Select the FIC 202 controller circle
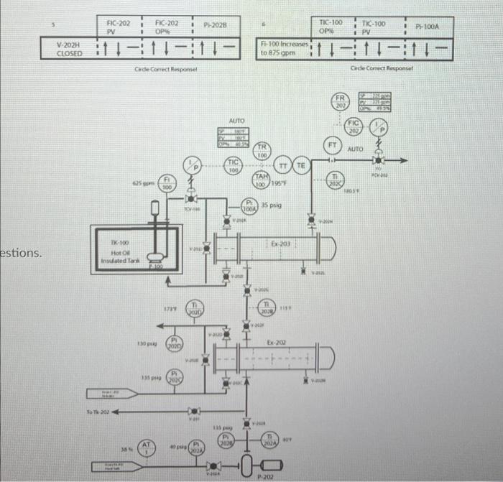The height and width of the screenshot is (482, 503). [354, 126]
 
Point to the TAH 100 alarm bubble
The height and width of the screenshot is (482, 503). [262, 181]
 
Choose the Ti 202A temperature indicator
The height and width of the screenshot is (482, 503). [270, 442]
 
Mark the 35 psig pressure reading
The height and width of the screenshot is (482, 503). [272, 205]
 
